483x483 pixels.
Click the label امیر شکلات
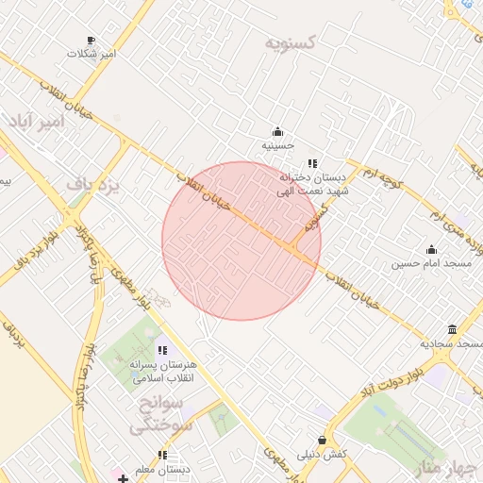[x=92, y=54]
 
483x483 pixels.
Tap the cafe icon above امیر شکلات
[x=92, y=40]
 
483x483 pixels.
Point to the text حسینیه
[x=278, y=146]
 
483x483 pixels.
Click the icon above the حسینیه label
[x=277, y=132]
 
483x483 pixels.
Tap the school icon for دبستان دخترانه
[x=312, y=163]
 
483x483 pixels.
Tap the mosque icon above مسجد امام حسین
[x=431, y=250]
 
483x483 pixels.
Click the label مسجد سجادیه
[x=451, y=343]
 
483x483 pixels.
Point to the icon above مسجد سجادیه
[x=453, y=329]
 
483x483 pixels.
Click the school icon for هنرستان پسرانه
[x=162, y=351]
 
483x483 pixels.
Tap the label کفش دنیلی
[x=323, y=454]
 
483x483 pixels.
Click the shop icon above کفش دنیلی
[x=323, y=440]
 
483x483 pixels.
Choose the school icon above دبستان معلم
[x=163, y=456]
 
